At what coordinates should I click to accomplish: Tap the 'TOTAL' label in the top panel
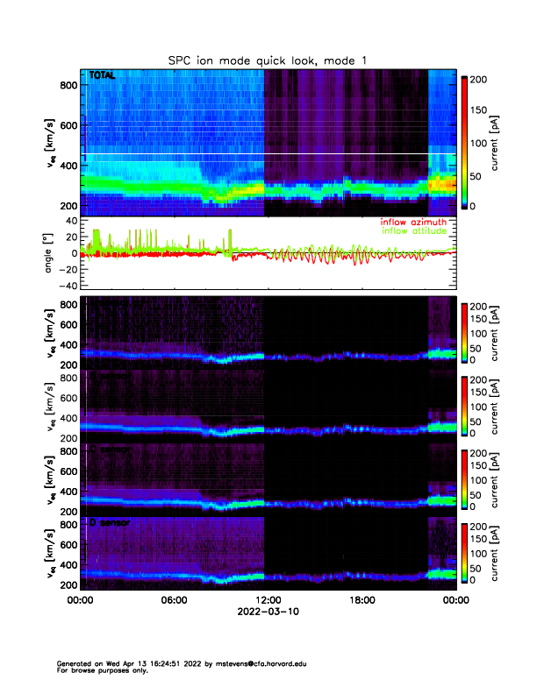(x=102, y=77)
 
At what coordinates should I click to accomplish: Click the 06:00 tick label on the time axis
(x=174, y=600)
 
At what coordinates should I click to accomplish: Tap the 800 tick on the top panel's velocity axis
(x=66, y=84)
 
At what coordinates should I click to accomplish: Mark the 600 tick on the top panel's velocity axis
(x=66, y=124)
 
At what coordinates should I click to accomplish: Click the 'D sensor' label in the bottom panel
(x=108, y=523)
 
